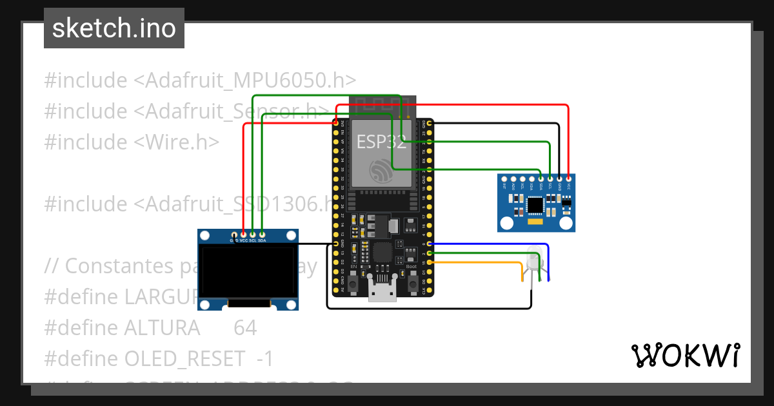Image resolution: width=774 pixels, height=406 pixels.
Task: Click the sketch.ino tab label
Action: [114, 28]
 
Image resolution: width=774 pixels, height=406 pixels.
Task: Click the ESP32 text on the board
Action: [382, 142]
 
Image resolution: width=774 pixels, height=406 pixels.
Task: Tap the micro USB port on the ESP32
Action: [382, 292]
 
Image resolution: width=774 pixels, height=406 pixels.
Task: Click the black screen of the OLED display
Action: [248, 271]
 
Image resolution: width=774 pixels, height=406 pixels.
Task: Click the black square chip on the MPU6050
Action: [535, 205]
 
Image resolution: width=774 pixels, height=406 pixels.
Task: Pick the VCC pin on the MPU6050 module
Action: [569, 179]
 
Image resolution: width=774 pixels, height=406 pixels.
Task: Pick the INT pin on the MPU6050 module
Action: [504, 179]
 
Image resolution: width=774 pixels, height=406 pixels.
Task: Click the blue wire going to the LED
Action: [490, 244]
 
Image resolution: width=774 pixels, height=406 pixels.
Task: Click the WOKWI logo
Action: [685, 355]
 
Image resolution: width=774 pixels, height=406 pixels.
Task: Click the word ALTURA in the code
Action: [161, 328]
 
